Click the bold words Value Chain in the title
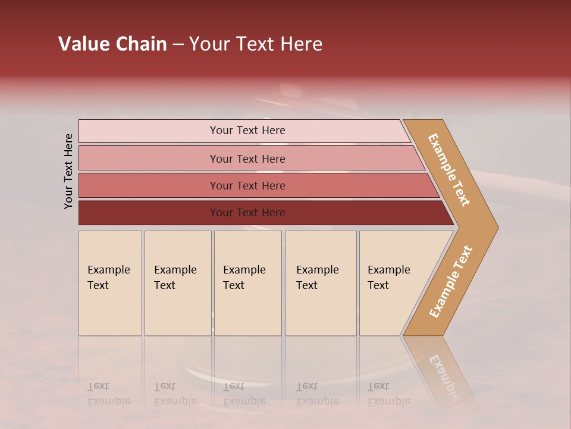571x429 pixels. point(112,44)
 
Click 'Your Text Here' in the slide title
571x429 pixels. point(256,44)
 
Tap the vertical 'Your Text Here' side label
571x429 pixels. point(68,171)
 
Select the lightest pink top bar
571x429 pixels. point(149,131)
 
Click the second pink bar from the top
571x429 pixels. point(149,158)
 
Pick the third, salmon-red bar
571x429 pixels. point(149,185)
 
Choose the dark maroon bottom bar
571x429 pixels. point(149,213)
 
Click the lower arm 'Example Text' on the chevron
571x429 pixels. point(451,282)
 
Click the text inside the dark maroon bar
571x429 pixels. point(247,213)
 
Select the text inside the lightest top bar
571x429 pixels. point(247,130)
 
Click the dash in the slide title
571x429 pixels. point(178,45)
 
